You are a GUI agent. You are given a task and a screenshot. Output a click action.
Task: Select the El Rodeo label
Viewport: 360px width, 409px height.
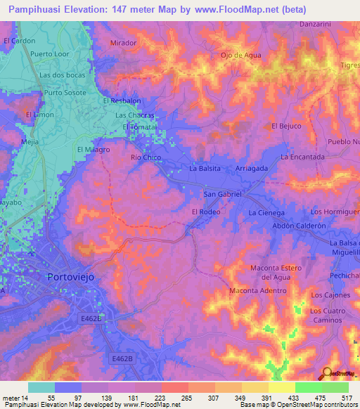click(x=206, y=212)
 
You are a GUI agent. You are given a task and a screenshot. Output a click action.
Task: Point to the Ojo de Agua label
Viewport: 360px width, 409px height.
click(x=241, y=55)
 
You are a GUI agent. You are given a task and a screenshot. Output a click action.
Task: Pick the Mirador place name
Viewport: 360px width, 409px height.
click(x=123, y=43)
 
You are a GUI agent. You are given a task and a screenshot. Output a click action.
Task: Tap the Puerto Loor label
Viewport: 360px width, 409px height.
click(x=48, y=54)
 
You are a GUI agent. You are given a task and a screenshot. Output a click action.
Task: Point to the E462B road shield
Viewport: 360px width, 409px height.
click(x=122, y=358)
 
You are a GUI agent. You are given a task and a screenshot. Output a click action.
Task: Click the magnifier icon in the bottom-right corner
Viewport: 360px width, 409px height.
click(x=328, y=373)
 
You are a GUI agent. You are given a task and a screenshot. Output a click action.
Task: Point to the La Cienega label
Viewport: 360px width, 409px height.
click(x=266, y=212)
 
